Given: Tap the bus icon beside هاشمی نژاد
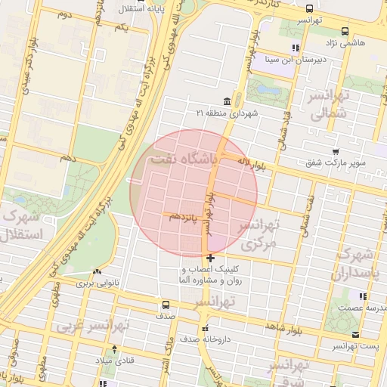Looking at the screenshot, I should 345,32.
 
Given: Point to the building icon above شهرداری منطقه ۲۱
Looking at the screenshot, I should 227,101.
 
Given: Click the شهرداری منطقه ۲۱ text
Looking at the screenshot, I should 227,113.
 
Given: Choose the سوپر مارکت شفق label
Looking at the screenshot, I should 336,163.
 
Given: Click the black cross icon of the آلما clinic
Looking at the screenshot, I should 210,258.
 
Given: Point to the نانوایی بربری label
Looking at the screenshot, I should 97,283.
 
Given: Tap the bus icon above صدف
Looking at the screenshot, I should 165,305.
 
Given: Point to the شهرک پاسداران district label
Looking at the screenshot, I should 355,262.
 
